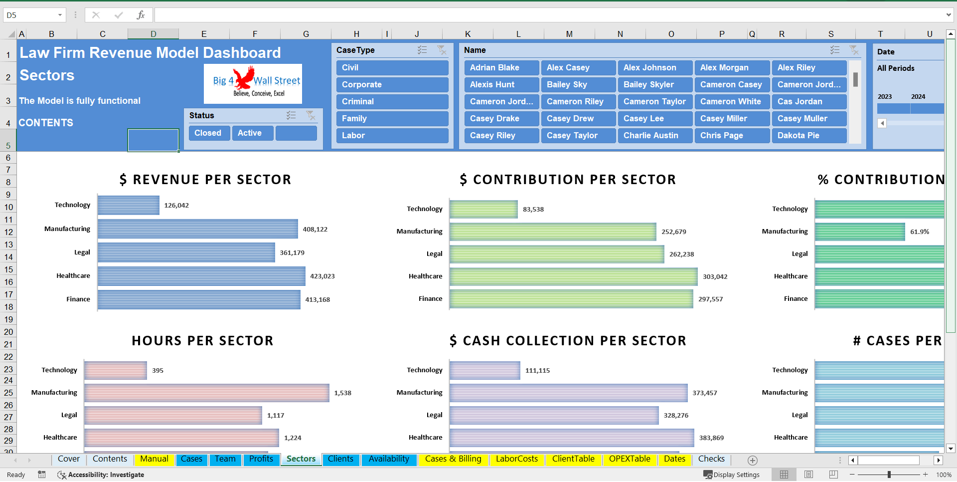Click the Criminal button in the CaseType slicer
pos(392,102)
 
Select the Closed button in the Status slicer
pos(208,133)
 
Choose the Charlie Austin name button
pos(655,136)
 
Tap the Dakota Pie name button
pos(808,136)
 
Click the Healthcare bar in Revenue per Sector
pos(201,276)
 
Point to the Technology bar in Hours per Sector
pos(116,370)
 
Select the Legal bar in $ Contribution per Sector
pos(556,254)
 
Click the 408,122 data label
pos(315,230)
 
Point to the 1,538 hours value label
pos(342,393)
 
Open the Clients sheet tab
pos(340,459)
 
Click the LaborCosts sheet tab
pos(516,459)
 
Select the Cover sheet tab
pos(69,459)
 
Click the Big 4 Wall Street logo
pos(253,83)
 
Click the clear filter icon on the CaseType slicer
pos(442,50)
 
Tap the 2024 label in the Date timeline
pos(918,97)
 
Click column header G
pos(306,34)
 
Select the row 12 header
pos(8,232)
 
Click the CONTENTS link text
pos(46,123)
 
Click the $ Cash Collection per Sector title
pos(568,341)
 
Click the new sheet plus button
pos(753,460)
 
